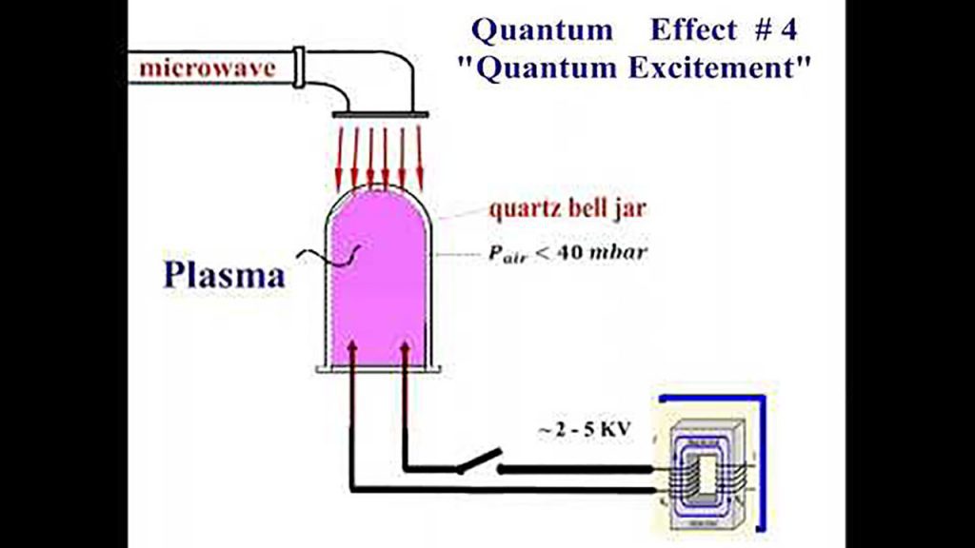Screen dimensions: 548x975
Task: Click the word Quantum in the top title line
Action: [543, 30]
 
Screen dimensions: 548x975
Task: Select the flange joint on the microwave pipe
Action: [299, 67]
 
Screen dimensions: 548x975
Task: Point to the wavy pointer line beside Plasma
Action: [328, 253]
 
